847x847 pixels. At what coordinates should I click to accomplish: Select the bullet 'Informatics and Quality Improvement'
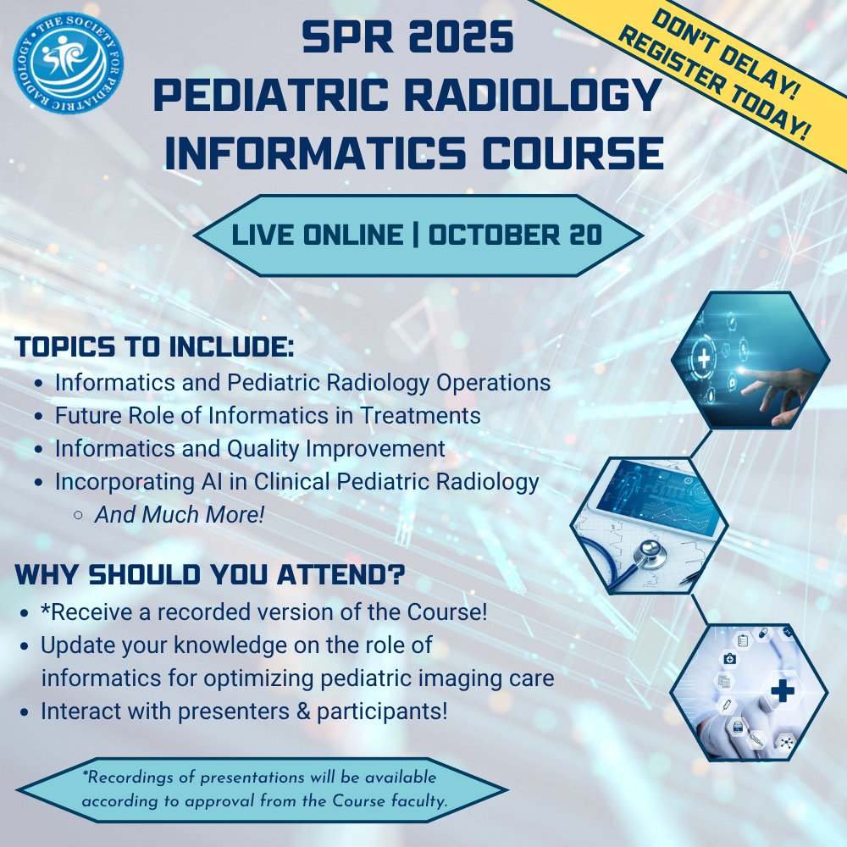click(x=249, y=448)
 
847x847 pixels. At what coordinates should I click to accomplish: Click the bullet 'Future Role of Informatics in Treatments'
click(x=268, y=415)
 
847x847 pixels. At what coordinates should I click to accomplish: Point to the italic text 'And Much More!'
click(x=180, y=514)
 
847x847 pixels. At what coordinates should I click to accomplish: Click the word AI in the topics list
click(x=211, y=481)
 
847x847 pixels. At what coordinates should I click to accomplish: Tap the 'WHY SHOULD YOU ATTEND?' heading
click(x=209, y=576)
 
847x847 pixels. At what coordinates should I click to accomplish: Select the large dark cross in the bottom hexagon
click(x=782, y=691)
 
